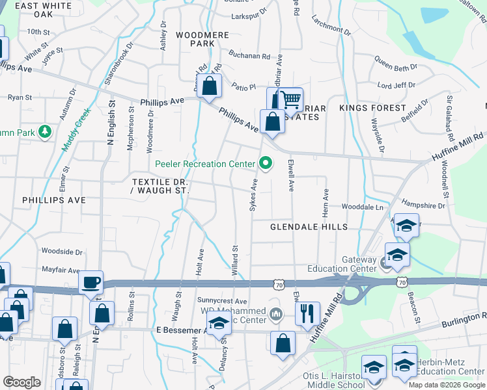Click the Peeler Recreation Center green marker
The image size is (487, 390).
point(265,163)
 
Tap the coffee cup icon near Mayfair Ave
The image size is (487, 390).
point(90,283)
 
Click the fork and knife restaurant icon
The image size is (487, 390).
point(307,313)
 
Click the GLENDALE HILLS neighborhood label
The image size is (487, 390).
point(309,226)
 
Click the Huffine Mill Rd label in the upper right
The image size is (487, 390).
point(458,148)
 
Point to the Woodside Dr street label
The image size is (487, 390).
point(62,251)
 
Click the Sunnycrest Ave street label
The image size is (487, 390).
point(223,302)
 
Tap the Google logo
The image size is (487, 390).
point(21,382)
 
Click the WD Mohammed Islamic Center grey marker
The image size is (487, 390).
point(276,315)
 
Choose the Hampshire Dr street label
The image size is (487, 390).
point(423,205)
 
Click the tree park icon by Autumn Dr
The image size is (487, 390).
point(44,133)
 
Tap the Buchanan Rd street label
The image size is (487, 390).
point(248,57)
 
